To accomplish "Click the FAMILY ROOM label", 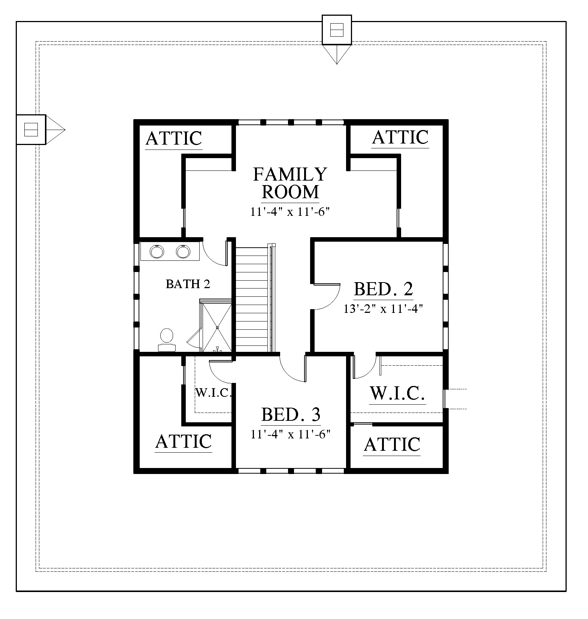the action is coord(290,183).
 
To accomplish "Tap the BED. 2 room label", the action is coord(383,289).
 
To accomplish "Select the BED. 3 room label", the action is coord(291,414).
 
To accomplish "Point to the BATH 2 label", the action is coord(188,284).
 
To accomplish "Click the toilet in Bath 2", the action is coord(167,340).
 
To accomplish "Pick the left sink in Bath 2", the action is coord(157,251).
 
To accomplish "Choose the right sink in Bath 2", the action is coord(183,251).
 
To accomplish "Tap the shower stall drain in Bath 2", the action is coord(217,327).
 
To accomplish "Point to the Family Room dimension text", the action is coord(290,212).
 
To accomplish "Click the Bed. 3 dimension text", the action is coord(290,434).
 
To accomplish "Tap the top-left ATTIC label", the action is coord(173,138).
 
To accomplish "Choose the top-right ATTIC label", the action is coord(400,137).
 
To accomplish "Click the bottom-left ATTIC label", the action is coord(184,441).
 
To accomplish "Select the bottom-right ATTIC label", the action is coord(392,445).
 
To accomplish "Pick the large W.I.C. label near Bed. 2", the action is coord(397,393).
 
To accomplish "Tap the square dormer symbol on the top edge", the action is coord(337,30).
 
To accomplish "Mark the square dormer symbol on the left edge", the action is coord(31,129).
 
